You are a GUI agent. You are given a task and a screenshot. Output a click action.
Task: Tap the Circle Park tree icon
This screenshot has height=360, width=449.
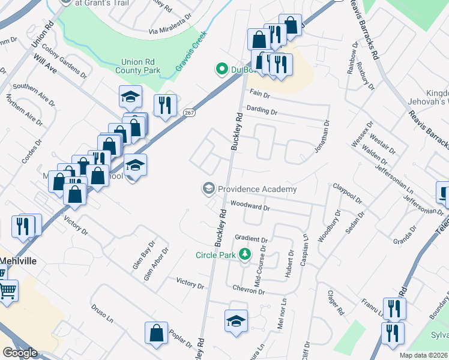pos(245,254)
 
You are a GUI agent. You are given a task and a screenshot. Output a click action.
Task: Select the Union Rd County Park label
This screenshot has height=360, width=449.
pos(140,66)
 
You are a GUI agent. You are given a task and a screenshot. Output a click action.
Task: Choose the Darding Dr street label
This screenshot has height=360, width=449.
pos(262,111)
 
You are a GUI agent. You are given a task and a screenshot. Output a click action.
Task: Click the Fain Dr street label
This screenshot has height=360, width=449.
pos(260,94)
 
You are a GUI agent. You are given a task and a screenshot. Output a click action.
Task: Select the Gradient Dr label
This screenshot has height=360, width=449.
pos(251,238)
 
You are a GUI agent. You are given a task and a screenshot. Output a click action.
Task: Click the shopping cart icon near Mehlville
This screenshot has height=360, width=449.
pos(7,291)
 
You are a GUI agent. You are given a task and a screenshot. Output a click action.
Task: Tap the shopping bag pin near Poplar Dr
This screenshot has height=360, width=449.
pos(156,334)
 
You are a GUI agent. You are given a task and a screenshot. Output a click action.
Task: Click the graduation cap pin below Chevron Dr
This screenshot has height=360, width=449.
pos(236,321)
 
